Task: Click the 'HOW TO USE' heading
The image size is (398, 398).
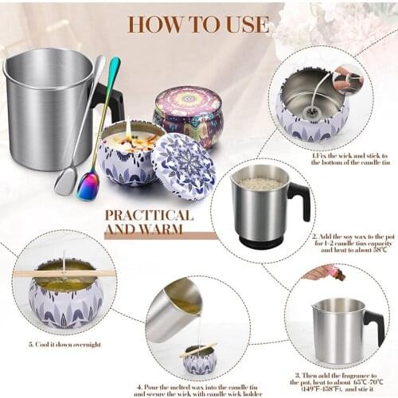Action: [x=198, y=24]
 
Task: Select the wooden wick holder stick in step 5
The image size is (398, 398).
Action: [x=64, y=273]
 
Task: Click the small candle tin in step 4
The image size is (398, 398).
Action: [x=199, y=360]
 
